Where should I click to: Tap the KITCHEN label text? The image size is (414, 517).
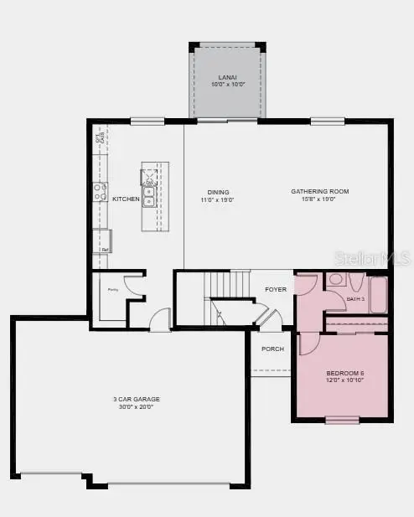126,199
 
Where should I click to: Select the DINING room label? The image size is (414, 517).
218,192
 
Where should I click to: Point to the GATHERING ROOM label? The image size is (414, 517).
319,192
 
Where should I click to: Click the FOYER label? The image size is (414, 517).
276,289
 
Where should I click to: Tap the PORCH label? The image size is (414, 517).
272,349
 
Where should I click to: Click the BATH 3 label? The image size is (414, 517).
356,298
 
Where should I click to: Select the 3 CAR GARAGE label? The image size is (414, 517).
137,399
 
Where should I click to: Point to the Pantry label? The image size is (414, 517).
111,289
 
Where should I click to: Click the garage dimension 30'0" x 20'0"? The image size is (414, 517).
137,406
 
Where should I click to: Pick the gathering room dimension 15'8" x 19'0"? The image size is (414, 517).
319,199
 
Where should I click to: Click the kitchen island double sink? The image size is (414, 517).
149,196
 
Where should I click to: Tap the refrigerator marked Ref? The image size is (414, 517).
102,241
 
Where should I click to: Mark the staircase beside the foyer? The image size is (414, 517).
229,298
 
